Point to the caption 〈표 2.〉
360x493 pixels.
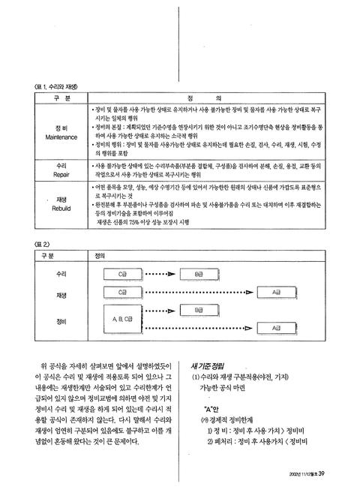pyautogui.click(x=35, y=244)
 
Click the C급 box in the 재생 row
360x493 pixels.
pyautogui.click(x=122, y=290)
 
